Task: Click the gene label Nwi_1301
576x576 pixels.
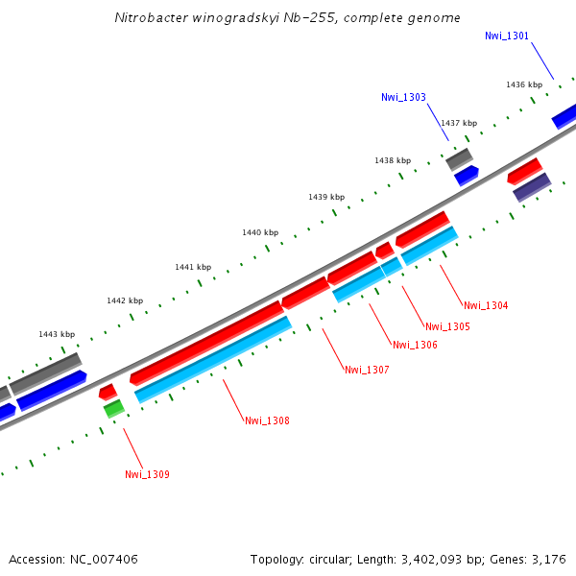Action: click(506, 36)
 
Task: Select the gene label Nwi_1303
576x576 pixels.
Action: click(403, 97)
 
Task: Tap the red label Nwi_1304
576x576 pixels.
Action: click(486, 305)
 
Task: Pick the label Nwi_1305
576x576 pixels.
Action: click(447, 326)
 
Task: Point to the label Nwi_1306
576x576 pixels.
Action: click(415, 345)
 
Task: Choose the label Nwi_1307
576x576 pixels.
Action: click(367, 370)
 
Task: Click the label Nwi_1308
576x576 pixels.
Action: click(267, 420)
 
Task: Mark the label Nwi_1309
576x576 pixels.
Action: click(147, 474)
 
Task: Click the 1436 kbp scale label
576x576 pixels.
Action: click(524, 84)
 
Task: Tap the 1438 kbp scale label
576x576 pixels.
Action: click(393, 160)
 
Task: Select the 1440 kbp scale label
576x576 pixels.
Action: click(260, 232)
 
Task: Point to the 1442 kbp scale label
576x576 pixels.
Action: click(125, 300)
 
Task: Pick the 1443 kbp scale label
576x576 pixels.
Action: click(57, 334)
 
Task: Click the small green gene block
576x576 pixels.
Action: click(114, 409)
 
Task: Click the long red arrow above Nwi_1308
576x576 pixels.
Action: click(206, 342)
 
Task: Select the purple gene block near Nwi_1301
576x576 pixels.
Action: click(532, 186)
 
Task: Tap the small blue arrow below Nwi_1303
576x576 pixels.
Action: click(467, 175)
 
